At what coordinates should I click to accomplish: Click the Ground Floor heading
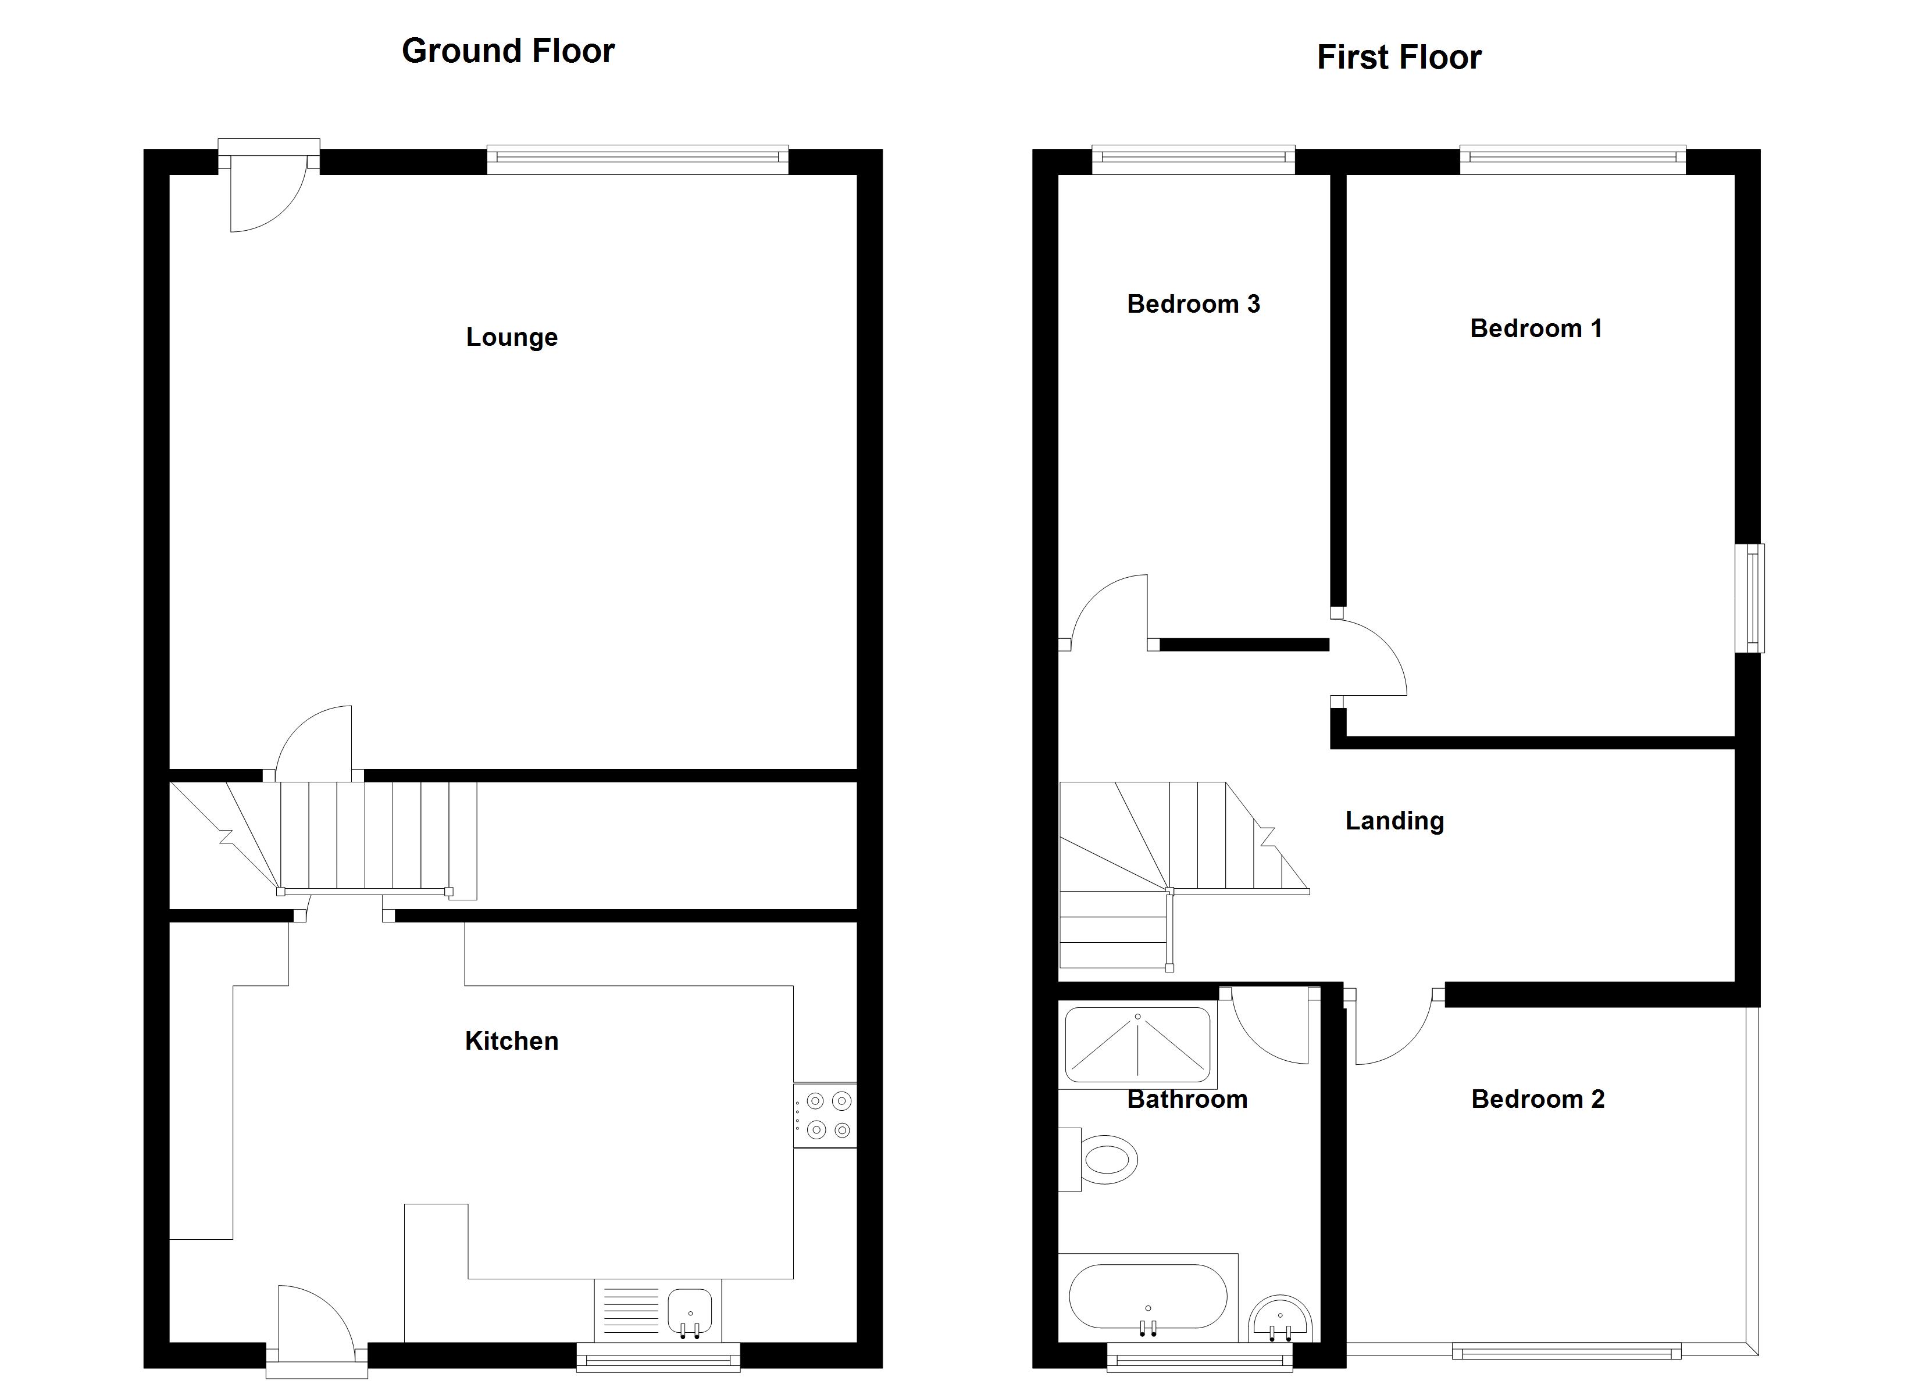pyautogui.click(x=508, y=51)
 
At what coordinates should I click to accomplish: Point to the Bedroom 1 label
pyautogui.click(x=1536, y=328)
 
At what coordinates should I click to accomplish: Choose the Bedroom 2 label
pyautogui.click(x=1538, y=1099)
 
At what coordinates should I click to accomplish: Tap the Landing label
pyautogui.click(x=1394, y=821)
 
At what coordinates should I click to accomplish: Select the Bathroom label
pyautogui.click(x=1187, y=1099)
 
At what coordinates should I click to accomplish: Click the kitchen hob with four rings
pyautogui.click(x=825, y=1115)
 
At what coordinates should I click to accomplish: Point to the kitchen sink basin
pyautogui.click(x=690, y=1310)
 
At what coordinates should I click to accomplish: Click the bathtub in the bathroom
pyautogui.click(x=1147, y=1296)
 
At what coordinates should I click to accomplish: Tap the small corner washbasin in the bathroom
pyautogui.click(x=1279, y=1321)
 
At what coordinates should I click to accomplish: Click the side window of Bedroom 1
pyautogui.click(x=1750, y=598)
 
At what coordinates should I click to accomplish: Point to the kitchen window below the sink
pyautogui.click(x=658, y=1358)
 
